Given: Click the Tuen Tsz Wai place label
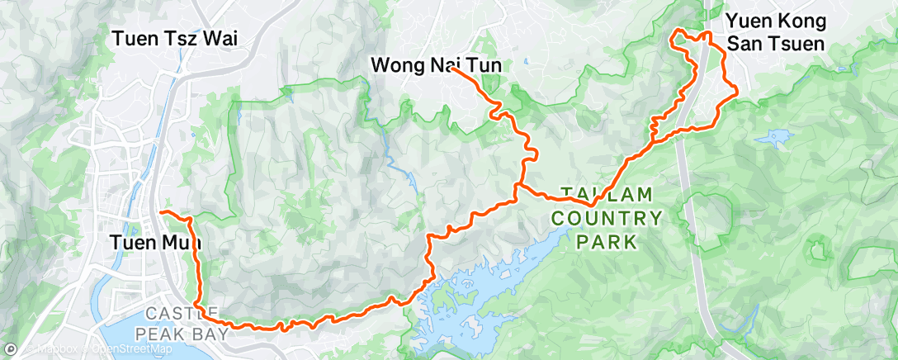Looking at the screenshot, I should [x=181, y=38].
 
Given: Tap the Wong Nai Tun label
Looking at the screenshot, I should [x=436, y=64].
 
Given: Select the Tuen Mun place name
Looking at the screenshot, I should [x=154, y=243].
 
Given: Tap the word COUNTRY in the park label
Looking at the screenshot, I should [x=607, y=219].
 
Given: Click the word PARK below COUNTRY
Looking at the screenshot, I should [x=607, y=242].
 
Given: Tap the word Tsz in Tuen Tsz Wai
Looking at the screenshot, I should [x=184, y=38].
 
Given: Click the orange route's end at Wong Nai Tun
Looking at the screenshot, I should [x=453, y=70].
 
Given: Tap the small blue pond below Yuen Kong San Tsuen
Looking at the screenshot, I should [x=778, y=136].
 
